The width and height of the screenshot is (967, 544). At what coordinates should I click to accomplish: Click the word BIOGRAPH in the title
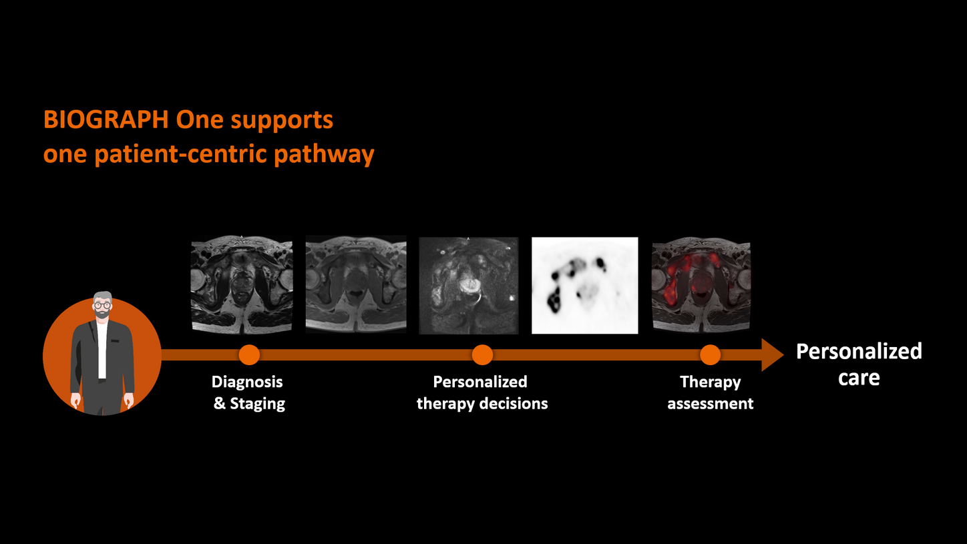click(106, 120)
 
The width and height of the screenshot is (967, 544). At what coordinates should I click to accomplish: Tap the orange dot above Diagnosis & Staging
click(249, 354)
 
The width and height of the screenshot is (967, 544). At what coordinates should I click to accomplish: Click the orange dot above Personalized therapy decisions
click(482, 354)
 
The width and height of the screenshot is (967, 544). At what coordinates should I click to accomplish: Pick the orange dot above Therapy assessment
click(710, 354)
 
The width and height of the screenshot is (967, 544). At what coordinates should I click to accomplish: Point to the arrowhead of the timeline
click(773, 354)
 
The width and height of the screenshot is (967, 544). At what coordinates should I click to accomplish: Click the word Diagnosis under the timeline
click(247, 382)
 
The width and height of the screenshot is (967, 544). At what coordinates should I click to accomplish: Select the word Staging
click(258, 404)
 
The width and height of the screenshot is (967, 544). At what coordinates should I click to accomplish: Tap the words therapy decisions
click(482, 404)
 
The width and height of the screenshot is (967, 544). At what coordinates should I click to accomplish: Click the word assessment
click(711, 404)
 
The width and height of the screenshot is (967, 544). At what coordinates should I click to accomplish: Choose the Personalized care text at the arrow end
click(859, 364)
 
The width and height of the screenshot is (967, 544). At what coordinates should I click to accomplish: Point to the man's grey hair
click(102, 296)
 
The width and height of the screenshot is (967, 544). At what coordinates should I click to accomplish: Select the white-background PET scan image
click(584, 285)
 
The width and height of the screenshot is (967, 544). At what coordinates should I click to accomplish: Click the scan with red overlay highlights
click(701, 285)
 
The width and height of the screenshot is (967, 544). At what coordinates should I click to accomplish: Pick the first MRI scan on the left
click(241, 285)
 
